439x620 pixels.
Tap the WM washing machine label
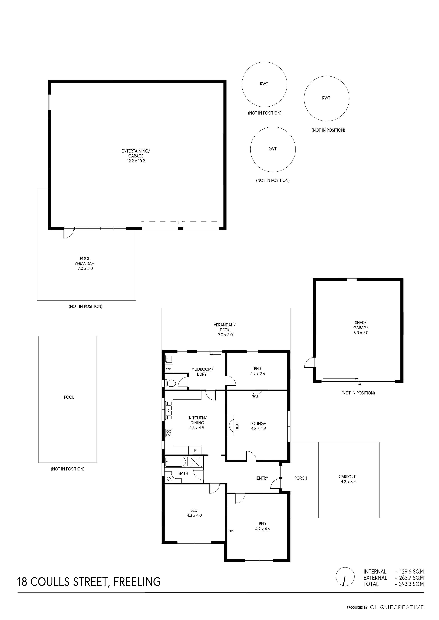(169, 369)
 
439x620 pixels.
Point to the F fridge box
(195, 450)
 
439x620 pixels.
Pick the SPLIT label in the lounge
(256, 396)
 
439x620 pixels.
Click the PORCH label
(301, 478)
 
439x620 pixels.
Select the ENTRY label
(262, 478)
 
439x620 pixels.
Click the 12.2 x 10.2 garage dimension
(136, 161)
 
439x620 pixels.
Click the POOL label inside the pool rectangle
(69, 397)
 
